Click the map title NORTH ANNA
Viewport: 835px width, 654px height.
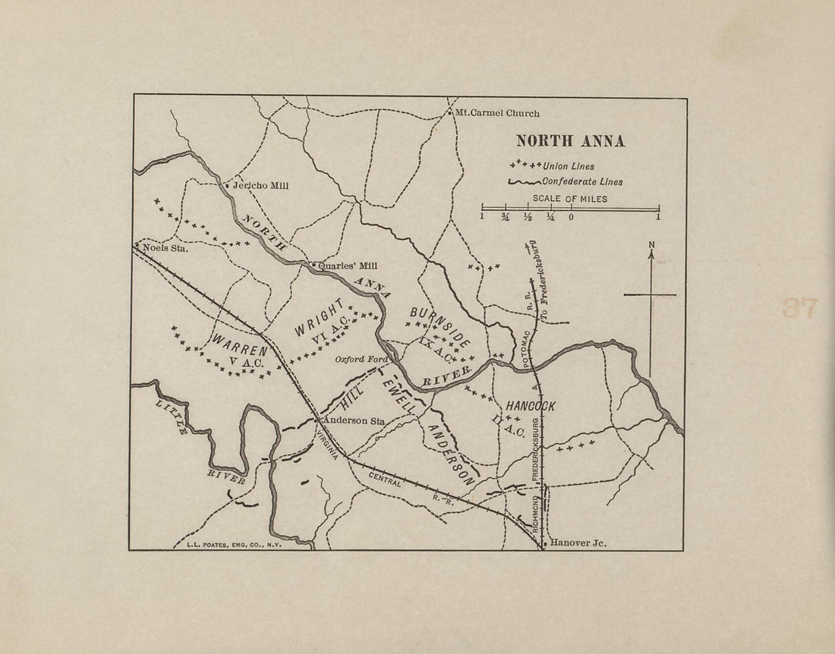click(570, 141)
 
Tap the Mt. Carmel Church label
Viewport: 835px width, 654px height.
click(497, 113)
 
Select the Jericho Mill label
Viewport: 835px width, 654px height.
click(260, 185)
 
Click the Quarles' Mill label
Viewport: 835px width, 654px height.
click(348, 266)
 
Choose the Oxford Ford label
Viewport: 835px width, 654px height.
click(362, 360)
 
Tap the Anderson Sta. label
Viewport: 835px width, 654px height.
click(354, 420)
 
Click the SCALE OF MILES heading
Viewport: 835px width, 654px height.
click(569, 200)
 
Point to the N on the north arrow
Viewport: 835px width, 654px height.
click(651, 244)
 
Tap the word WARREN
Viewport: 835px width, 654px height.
click(240, 346)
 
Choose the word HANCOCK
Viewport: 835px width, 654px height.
click(531, 407)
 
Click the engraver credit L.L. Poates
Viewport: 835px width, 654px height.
click(234, 544)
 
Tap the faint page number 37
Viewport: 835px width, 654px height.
click(799, 307)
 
